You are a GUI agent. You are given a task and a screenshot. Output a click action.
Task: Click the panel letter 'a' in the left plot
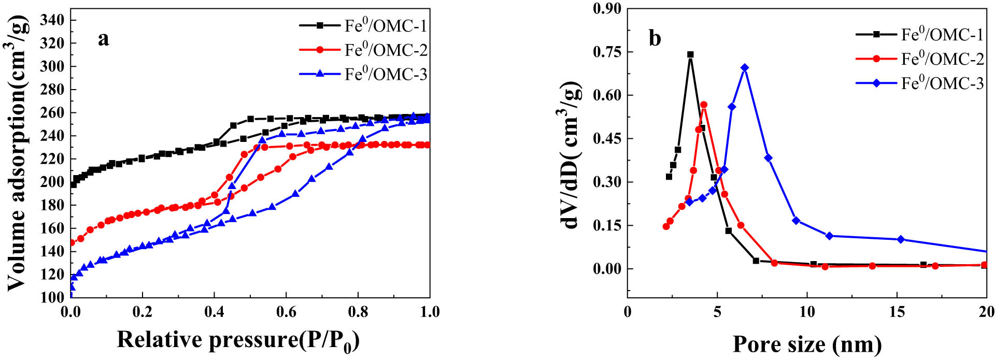[x=103, y=39]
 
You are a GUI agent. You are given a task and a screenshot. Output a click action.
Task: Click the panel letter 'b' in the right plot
[x=655, y=39]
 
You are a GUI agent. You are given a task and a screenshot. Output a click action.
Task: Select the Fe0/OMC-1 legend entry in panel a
[x=386, y=26]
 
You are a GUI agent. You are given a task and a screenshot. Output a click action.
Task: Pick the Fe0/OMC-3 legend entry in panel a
[x=386, y=75]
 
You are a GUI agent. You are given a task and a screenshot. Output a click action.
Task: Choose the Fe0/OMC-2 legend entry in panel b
[x=942, y=59]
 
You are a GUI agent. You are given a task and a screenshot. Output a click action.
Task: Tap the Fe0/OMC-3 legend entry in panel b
[x=942, y=83]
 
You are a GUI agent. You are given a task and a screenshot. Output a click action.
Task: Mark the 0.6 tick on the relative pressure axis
[x=286, y=312]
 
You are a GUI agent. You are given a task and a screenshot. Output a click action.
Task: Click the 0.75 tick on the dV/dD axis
[x=608, y=52]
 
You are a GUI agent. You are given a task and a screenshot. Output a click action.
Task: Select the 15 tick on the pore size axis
[x=897, y=312]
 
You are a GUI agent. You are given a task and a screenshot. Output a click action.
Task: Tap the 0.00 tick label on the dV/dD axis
[x=608, y=268]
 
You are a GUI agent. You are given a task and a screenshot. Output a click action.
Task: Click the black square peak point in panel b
[x=690, y=54]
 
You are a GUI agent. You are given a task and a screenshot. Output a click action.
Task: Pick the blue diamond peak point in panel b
[x=745, y=68]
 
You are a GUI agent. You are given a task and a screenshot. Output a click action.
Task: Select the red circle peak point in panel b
[x=704, y=105]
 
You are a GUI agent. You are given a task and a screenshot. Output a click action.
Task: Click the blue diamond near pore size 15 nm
[x=901, y=239]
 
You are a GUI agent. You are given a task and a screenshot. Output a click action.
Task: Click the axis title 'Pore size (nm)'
[x=807, y=343]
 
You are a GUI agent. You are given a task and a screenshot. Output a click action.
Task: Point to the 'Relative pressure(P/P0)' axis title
[x=238, y=340]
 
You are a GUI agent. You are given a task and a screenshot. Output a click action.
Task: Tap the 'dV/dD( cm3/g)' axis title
[x=570, y=155]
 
